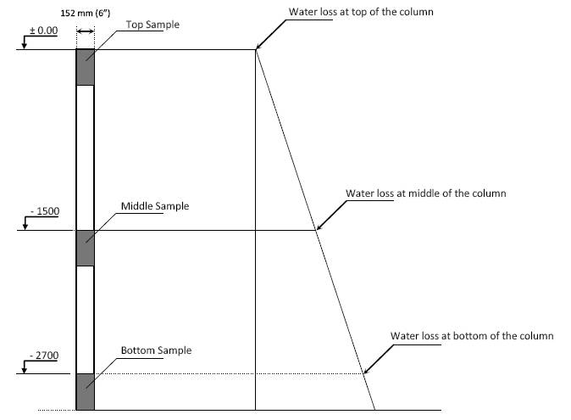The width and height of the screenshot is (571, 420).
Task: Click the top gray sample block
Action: pyautogui.click(x=85, y=67)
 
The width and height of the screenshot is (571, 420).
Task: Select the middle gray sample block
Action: pyautogui.click(x=85, y=248)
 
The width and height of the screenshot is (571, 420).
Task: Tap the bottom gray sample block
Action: pyautogui.click(x=85, y=391)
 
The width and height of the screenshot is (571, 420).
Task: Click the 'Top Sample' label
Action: pyautogui.click(x=152, y=25)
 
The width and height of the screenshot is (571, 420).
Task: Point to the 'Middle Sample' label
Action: pyautogui.click(x=155, y=206)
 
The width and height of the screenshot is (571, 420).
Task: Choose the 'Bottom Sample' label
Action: pyautogui.click(x=156, y=350)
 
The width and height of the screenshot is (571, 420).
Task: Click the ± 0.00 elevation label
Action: pyautogui.click(x=42, y=30)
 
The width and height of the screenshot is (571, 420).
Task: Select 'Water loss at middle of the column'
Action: pyautogui.click(x=425, y=193)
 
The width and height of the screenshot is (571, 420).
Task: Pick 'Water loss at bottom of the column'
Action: pyautogui.click(x=472, y=336)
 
